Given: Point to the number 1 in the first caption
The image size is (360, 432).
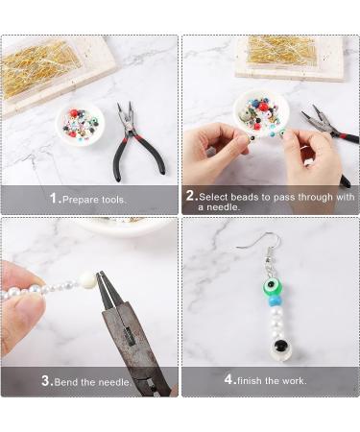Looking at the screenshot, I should [55, 198].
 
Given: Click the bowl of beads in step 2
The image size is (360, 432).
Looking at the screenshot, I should [260, 112].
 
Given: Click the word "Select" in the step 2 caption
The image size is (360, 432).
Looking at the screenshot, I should [218, 196].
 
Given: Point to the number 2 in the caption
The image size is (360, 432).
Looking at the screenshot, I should [190, 196].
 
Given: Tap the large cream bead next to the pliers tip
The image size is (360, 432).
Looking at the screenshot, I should [88, 279].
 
